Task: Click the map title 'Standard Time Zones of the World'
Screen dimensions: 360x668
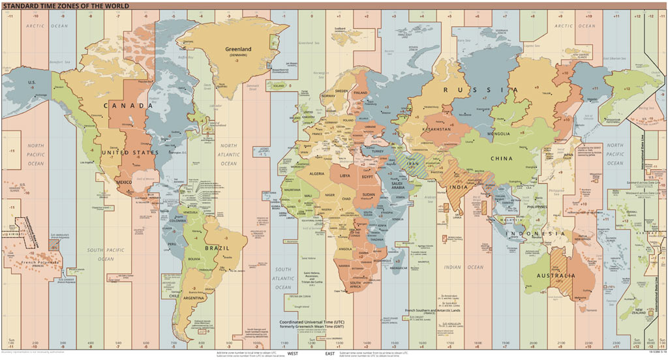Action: (x=65, y=5)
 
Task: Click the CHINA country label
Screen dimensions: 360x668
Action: (x=502, y=158)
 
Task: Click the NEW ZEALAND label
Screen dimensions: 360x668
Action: (x=639, y=311)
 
